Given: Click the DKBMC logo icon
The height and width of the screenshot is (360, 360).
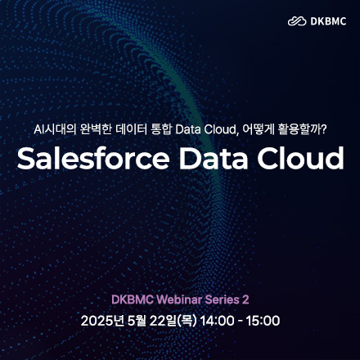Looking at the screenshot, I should pyautogui.click(x=296, y=21).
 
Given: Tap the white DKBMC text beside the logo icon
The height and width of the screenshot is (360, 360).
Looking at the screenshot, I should pyautogui.click(x=326, y=21).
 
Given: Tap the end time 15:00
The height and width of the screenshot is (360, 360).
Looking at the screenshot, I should pyautogui.click(x=263, y=320).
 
